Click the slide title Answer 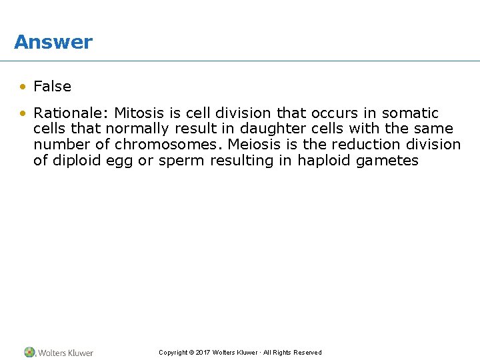coord(53,42)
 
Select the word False coord(52,86)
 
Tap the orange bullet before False coord(23,86)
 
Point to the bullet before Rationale coord(23,113)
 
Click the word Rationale coord(69,113)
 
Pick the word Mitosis coord(139,113)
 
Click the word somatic coord(410,113)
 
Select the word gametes coord(388,161)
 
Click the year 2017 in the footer coord(203,353)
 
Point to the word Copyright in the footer coord(173,353)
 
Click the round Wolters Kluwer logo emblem coord(29,352)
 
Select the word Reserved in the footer coord(307,353)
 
